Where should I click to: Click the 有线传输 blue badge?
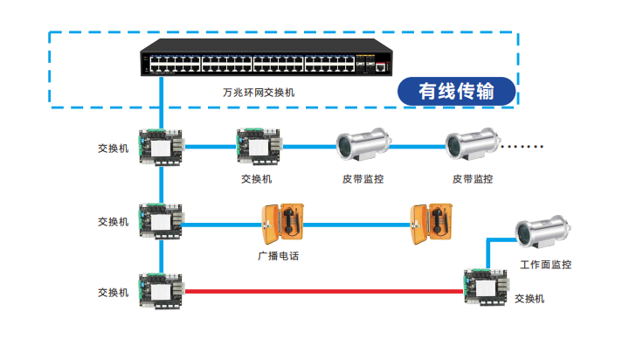455,90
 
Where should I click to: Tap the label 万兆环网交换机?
258,92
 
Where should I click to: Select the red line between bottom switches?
323,291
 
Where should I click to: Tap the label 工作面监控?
545,265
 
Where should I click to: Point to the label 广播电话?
273,257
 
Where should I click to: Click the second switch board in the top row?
259,146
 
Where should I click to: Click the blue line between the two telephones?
358,225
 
